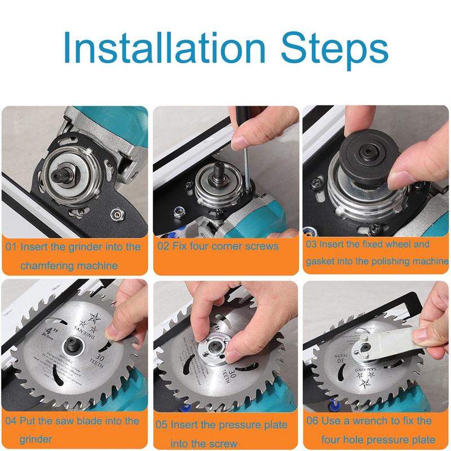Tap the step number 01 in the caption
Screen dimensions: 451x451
(x=12, y=247)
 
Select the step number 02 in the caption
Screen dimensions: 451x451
(x=163, y=246)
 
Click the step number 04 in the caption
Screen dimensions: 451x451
(x=12, y=421)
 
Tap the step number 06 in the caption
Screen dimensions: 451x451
(x=312, y=421)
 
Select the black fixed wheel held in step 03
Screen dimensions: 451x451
(x=366, y=150)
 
